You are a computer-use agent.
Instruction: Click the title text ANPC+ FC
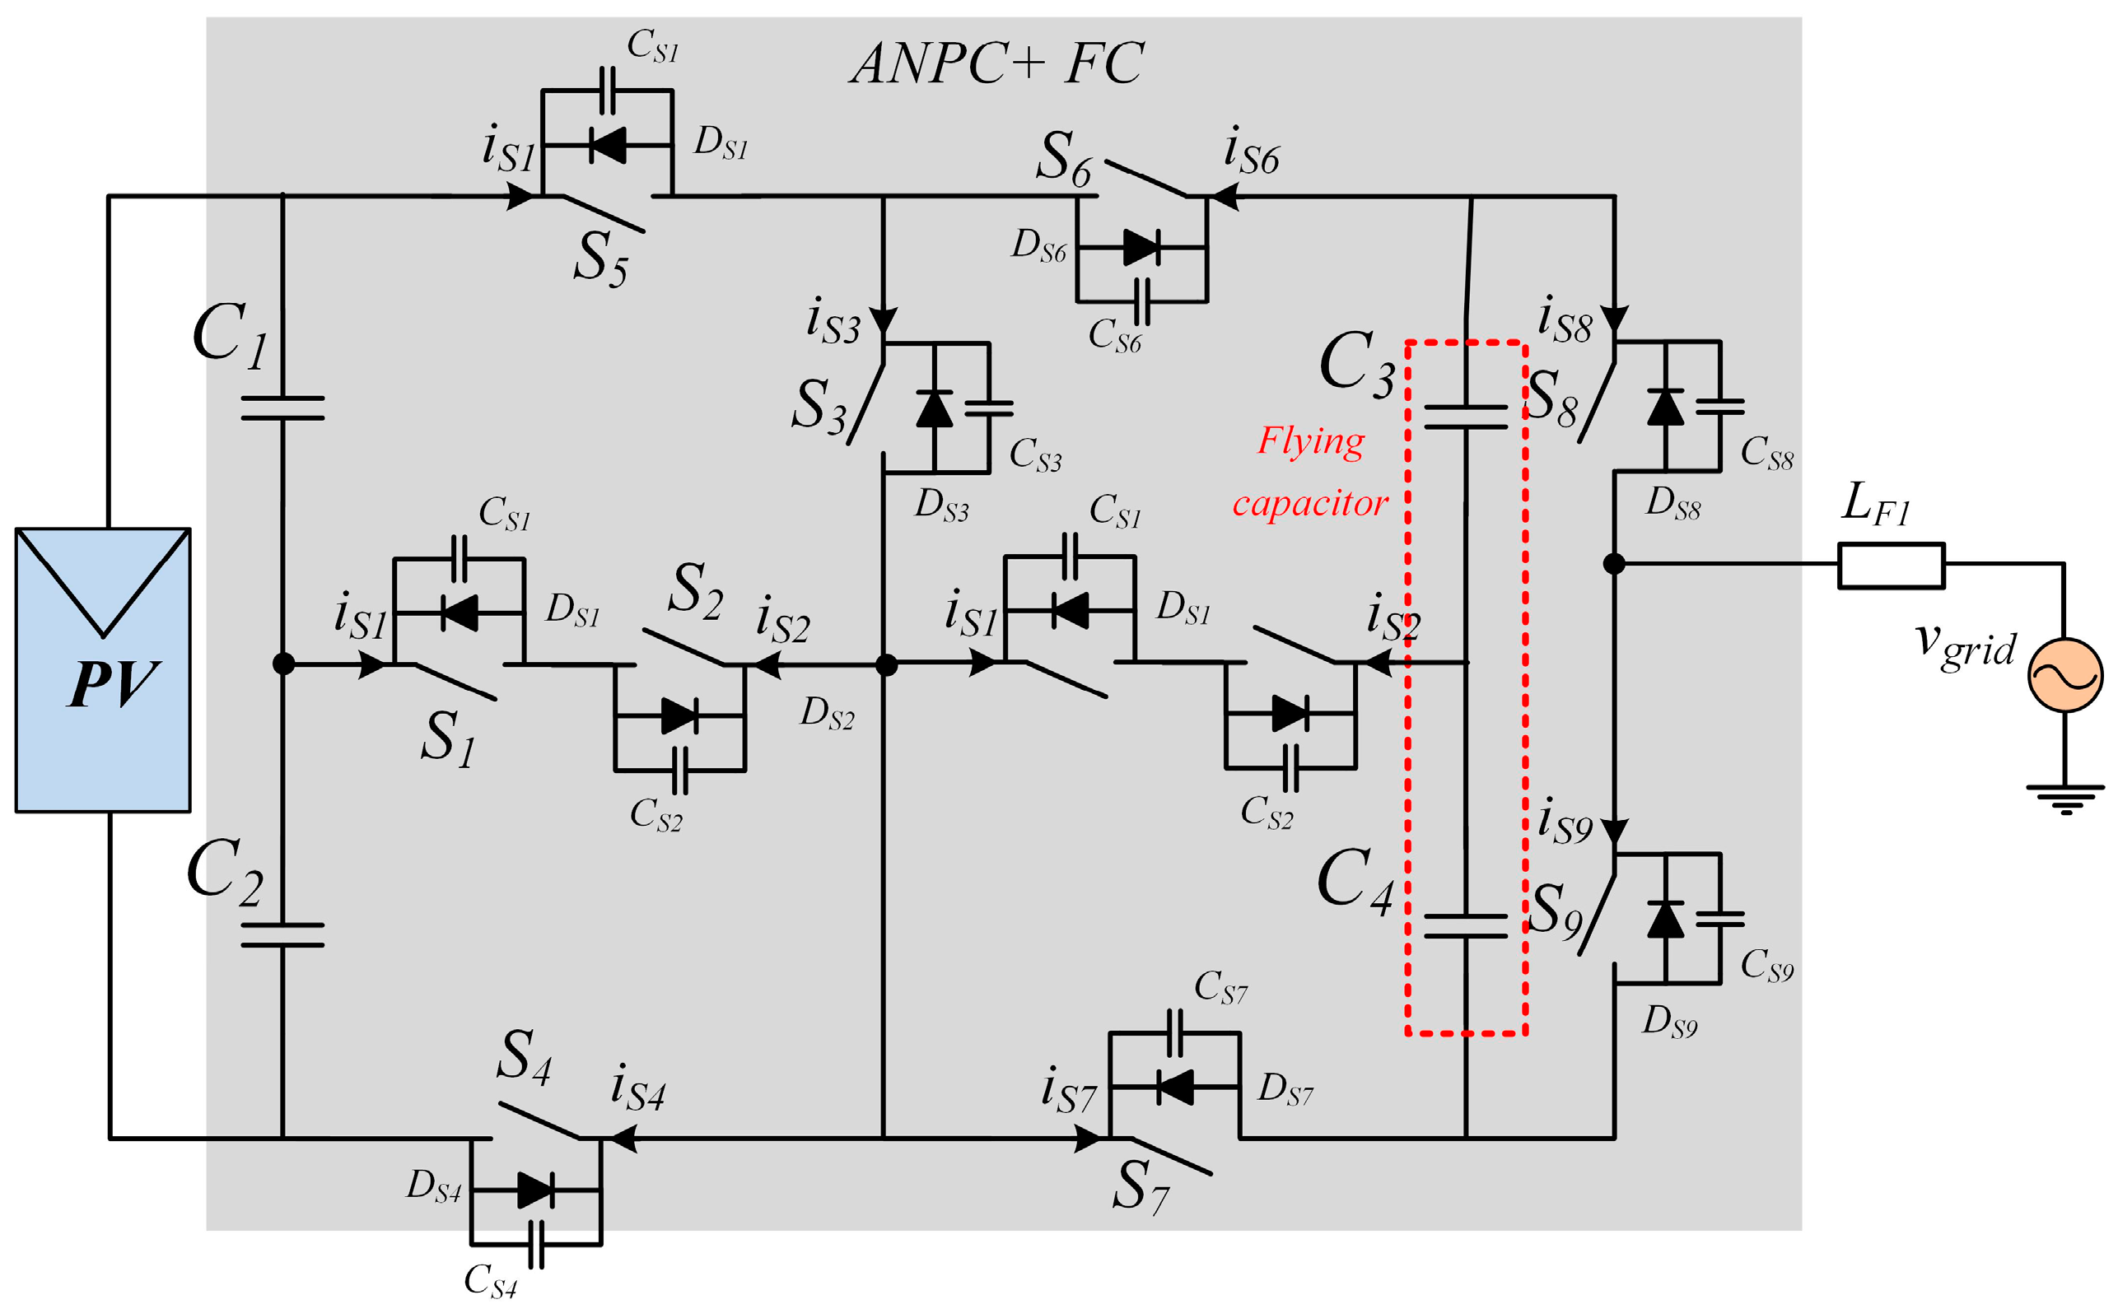tap(996, 63)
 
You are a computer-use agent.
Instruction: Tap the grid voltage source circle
tap(2064, 674)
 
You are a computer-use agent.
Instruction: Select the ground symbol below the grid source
tap(2065, 799)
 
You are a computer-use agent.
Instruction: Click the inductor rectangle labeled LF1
tap(1892, 565)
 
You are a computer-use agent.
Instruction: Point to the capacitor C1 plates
tap(282, 408)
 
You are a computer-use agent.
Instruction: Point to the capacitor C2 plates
tap(282, 934)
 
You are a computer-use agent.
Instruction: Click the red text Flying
tap(1310, 440)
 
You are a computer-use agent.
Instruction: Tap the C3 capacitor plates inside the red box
tap(1465, 417)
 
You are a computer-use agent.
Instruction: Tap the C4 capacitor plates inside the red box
tap(1465, 925)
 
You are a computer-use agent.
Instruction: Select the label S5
tap(600, 259)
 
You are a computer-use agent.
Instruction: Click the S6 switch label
tap(1064, 158)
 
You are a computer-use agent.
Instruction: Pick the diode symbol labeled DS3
tap(935, 408)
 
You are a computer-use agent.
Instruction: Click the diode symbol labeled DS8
tap(1665, 407)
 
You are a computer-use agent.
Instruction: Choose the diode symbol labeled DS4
tap(535, 1190)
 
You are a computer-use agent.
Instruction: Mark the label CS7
tap(1220, 987)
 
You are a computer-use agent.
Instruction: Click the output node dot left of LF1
tap(1613, 564)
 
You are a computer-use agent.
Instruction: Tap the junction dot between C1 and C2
tap(283, 664)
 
